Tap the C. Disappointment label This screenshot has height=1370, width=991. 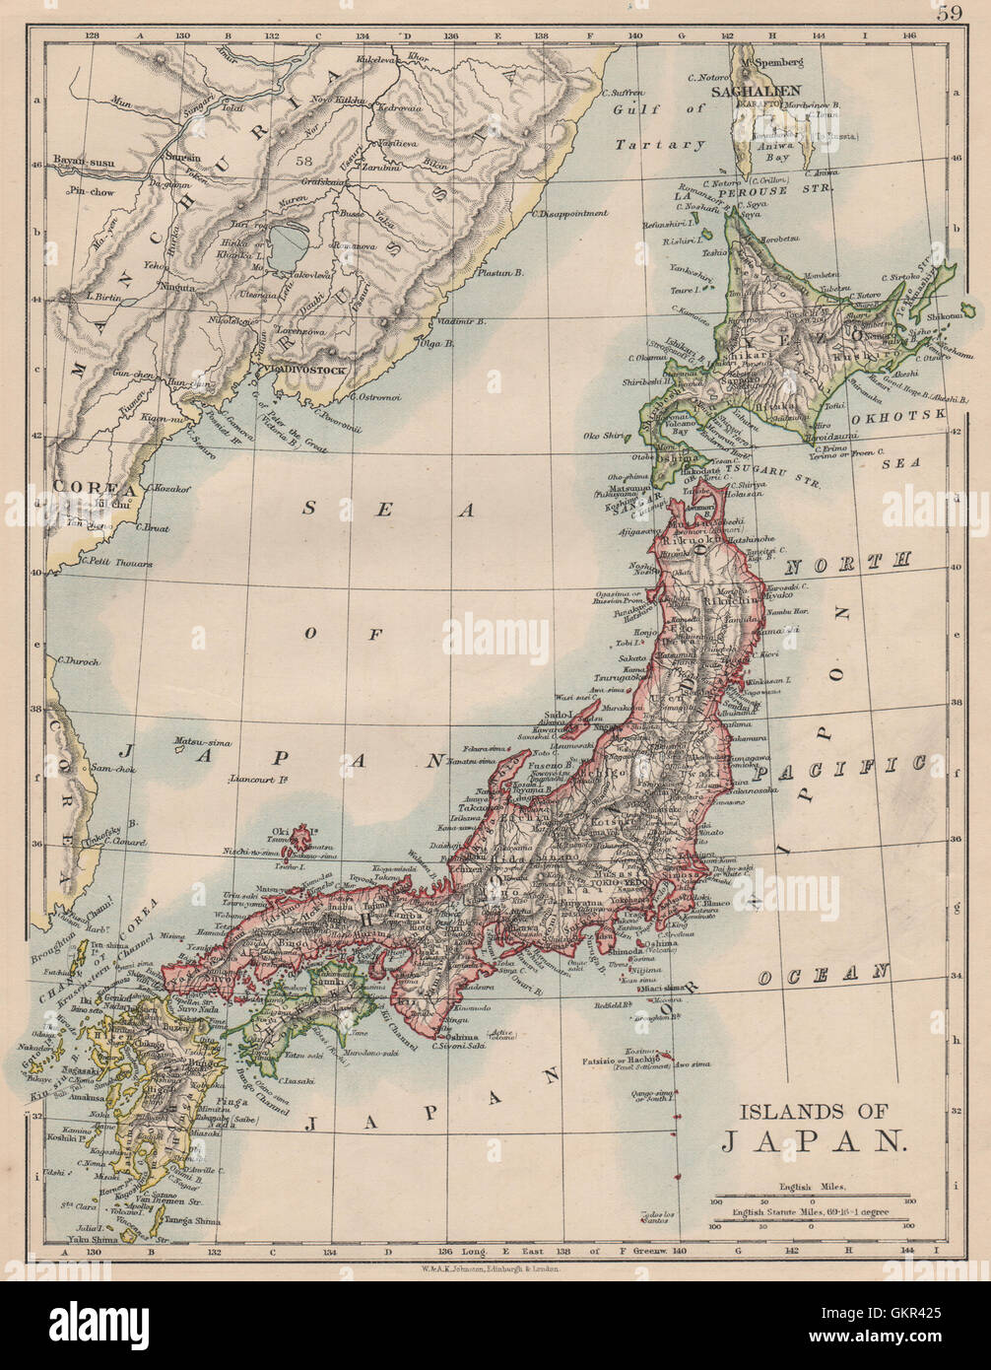point(569,213)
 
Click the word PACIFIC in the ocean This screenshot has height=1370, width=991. point(872,766)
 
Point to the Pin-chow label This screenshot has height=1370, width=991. point(91,192)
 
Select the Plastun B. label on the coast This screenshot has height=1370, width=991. point(499,272)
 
